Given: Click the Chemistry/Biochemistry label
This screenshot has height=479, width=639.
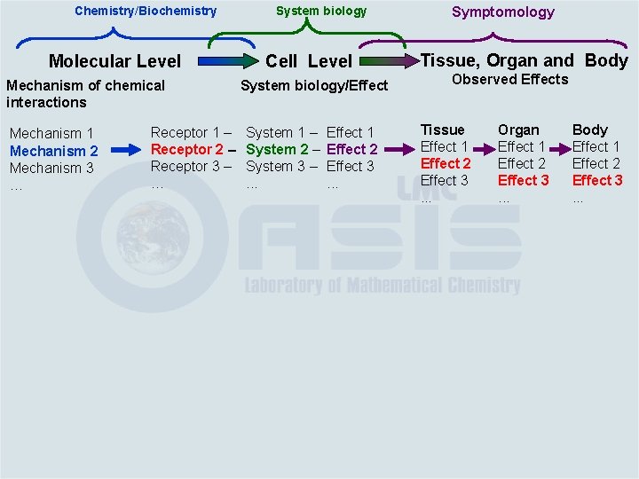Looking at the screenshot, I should (x=146, y=12).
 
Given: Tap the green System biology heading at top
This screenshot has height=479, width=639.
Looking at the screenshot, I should (x=320, y=12).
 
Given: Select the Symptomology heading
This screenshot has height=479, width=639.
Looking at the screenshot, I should (x=502, y=12).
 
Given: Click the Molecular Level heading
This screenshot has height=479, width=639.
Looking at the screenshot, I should (x=114, y=61).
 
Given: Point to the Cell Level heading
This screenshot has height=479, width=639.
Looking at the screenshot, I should (x=309, y=61).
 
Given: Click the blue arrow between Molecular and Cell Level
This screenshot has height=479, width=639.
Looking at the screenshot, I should (x=225, y=61).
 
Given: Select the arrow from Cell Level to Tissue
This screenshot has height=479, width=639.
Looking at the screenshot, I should (x=388, y=61).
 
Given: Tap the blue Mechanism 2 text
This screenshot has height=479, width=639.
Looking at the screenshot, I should (x=53, y=151).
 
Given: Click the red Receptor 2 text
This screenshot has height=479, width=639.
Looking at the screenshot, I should (x=187, y=149).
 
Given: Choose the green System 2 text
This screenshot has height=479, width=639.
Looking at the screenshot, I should (x=277, y=149).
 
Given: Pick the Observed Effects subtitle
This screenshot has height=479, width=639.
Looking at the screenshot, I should (x=509, y=80).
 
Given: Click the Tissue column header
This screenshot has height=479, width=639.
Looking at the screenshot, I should (x=442, y=130).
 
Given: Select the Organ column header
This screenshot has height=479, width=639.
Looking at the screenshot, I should (x=518, y=130).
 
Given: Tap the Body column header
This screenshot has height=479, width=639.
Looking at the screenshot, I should (x=590, y=130).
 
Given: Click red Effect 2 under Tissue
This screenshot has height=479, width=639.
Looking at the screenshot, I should (x=446, y=163).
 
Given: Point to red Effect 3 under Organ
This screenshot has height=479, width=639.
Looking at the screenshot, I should (x=523, y=180).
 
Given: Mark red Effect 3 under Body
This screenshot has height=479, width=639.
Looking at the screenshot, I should (x=597, y=180).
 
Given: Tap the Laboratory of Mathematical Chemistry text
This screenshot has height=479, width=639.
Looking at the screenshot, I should (x=383, y=285).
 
